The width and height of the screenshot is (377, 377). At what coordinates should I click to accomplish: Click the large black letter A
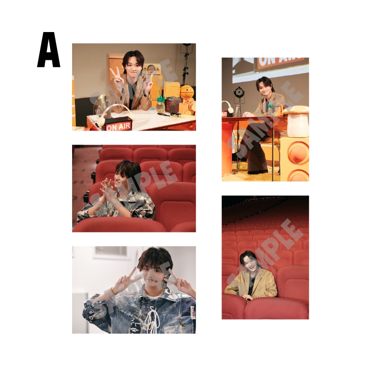pyautogui.click(x=49, y=50)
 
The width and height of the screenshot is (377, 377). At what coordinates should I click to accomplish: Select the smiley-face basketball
pyautogui.click(x=187, y=92)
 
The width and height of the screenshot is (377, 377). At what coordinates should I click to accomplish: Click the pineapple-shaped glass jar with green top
pyautogui.click(x=160, y=104)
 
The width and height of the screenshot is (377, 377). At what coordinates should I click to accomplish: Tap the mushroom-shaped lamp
pyautogui.click(x=296, y=122)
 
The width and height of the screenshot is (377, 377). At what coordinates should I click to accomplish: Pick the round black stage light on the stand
pyautogui.click(x=238, y=92)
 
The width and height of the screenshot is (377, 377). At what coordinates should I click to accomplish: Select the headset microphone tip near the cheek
pyautogui.click(x=156, y=281)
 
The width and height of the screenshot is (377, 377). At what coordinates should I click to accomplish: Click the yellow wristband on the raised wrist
pyautogui.click(x=113, y=291)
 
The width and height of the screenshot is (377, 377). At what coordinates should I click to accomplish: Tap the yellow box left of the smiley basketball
pyautogui.click(x=172, y=90)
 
